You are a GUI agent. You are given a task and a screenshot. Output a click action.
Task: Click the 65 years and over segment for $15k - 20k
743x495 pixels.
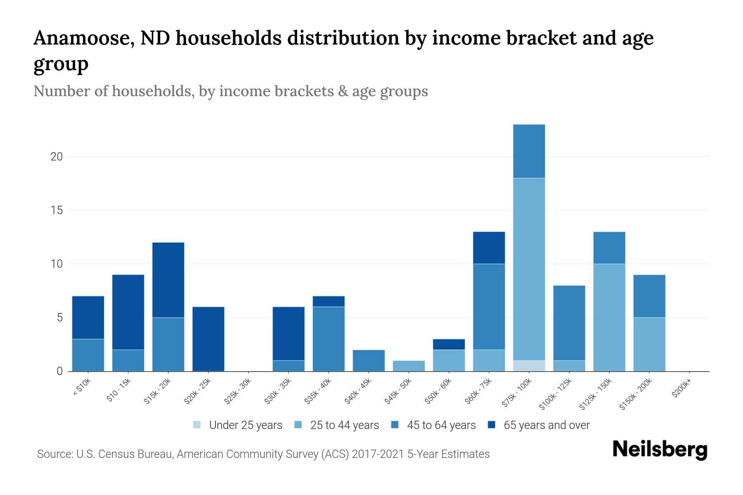[168, 280]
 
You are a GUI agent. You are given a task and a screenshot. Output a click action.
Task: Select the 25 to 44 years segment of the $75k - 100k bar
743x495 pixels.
[529, 269]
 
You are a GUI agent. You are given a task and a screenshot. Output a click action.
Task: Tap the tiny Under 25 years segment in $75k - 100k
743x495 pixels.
[529, 366]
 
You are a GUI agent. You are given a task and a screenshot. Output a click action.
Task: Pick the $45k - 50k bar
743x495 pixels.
[409, 366]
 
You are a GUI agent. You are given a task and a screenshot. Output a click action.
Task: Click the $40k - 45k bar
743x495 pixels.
[369, 361]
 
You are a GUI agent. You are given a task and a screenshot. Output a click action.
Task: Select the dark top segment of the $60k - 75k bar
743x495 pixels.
[489, 247]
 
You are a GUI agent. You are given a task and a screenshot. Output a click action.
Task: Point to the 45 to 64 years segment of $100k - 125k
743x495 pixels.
[569, 323]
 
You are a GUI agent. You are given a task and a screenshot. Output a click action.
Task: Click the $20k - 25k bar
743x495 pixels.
[208, 339]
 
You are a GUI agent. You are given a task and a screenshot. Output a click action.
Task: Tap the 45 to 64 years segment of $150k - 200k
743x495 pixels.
[649, 296]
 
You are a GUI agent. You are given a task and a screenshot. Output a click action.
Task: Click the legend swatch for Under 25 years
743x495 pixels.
[197, 425]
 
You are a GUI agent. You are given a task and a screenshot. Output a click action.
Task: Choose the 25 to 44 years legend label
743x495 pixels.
[344, 425]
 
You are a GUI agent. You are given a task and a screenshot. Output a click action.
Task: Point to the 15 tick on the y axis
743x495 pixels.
[57, 210]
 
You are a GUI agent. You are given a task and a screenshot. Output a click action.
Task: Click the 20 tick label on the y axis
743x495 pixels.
[57, 157]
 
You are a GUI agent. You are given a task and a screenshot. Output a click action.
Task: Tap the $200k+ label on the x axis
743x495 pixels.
[681, 390]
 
